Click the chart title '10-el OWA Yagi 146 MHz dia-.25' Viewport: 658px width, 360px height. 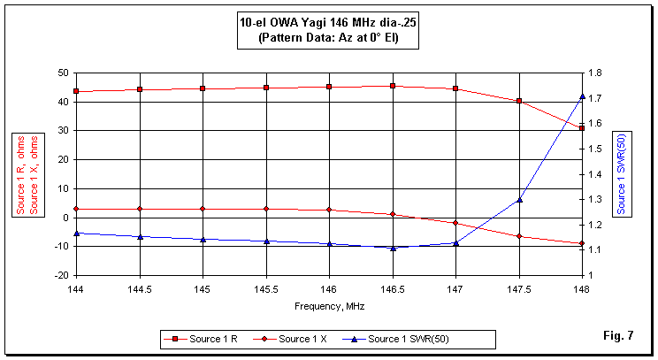tap(328, 24)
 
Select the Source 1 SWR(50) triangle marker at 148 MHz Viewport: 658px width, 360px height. tap(582, 96)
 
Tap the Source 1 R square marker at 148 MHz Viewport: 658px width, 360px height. tap(582, 128)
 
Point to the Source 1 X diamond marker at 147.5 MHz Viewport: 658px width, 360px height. tap(519, 236)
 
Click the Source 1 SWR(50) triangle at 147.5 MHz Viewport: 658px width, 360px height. tap(519, 199)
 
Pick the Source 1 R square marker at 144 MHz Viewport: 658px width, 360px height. tap(77, 91)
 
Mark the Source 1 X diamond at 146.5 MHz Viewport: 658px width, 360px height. tap(393, 214)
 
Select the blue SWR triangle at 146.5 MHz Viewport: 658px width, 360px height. tap(393, 248)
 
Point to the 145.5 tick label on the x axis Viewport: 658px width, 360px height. tap(266, 289)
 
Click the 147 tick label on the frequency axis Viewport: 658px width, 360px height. tap(455, 289)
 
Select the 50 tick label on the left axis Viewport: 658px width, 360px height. tap(63, 73)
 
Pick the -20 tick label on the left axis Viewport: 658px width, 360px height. tap(61, 275)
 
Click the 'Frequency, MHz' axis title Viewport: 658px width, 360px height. tap(329, 306)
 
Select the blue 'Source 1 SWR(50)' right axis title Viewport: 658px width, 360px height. tap(622, 173)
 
